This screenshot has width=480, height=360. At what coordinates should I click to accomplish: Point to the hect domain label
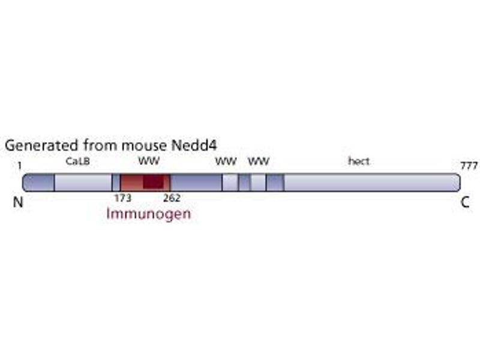click(x=359, y=161)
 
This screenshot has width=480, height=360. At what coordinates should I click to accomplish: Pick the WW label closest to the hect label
click(x=259, y=161)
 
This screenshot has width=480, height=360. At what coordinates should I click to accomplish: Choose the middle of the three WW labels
click(x=226, y=161)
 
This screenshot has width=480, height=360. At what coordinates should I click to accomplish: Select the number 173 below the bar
click(x=122, y=197)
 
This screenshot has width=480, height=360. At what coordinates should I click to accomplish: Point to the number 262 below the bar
click(x=172, y=197)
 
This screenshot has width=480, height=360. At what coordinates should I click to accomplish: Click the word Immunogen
click(x=148, y=213)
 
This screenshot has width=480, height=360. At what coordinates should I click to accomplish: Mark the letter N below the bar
click(x=18, y=203)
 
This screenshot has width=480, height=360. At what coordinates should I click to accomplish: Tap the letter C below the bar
click(x=465, y=203)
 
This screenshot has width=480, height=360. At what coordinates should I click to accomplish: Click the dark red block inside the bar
click(x=154, y=182)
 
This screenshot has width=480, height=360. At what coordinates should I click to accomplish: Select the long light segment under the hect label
click(x=369, y=182)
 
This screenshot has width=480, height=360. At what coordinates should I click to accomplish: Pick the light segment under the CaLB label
click(x=83, y=182)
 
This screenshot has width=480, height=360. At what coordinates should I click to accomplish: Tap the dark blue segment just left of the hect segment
click(x=275, y=182)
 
